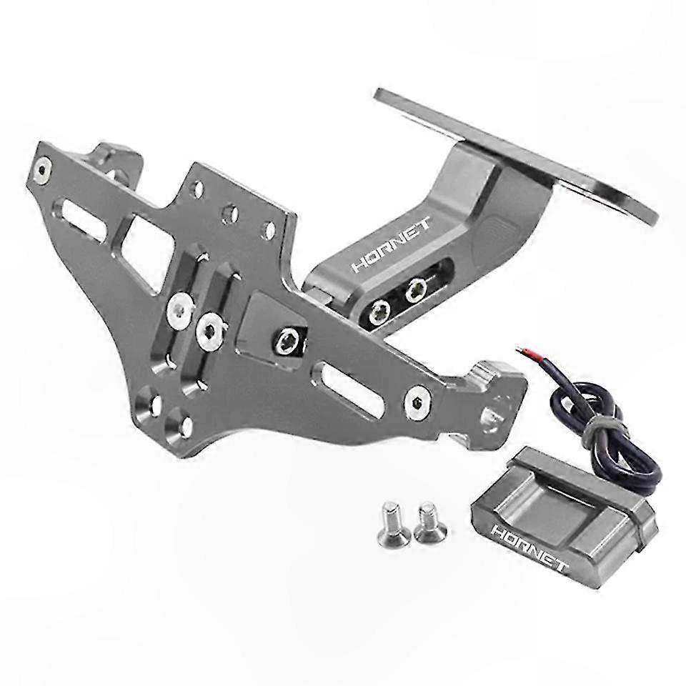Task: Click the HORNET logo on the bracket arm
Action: click(x=391, y=244)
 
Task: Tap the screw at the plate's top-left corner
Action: click(x=42, y=171)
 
